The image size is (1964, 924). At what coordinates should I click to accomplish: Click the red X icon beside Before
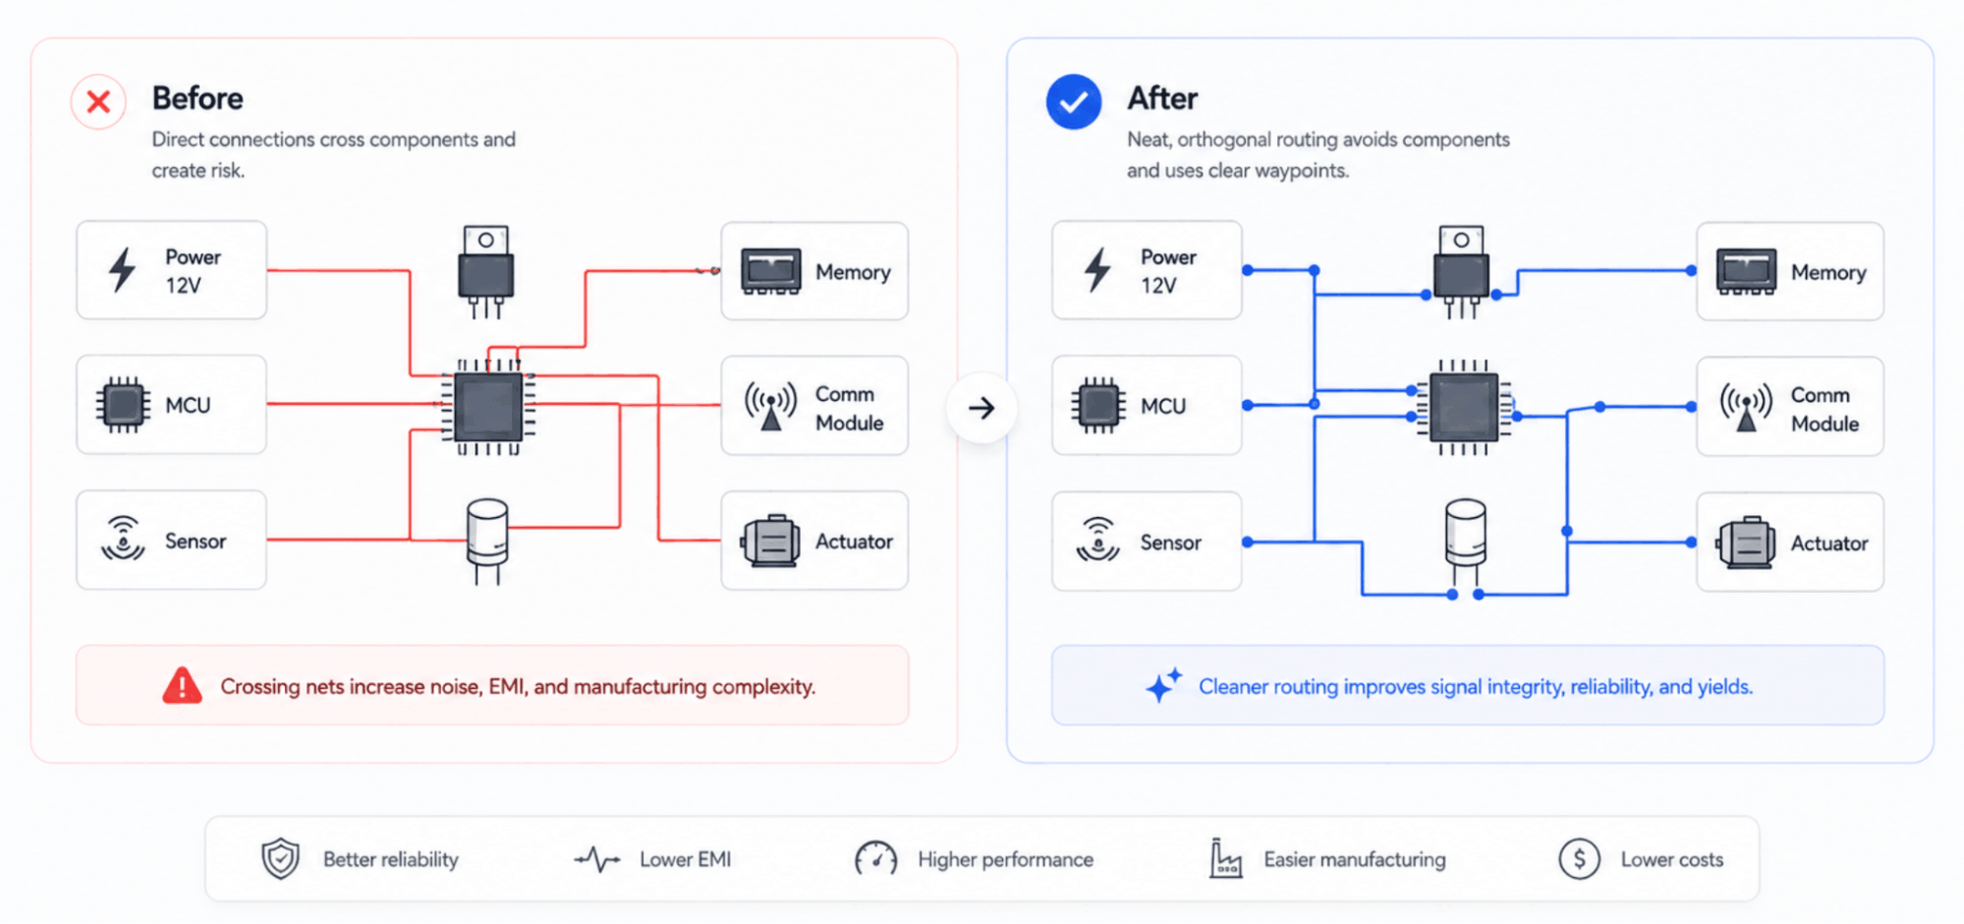98,101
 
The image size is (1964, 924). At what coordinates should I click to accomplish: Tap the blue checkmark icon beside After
1073,101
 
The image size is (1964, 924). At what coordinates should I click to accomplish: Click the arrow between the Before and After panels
982,408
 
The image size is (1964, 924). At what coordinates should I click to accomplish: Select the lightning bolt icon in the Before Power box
122,269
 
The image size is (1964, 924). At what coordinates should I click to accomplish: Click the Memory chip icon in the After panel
1746,272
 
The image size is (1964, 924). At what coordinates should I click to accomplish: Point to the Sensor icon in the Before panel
123,539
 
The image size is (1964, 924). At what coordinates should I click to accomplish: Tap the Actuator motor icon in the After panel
1746,542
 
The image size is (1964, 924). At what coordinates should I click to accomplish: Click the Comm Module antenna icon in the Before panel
770,406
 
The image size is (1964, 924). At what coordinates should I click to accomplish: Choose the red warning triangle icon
182,686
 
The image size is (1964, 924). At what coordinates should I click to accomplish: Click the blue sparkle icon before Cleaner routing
1163,684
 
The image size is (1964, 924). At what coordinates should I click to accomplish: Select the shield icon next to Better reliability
280,859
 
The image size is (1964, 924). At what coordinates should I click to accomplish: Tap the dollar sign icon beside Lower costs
1579,859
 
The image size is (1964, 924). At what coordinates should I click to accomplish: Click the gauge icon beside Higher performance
875,858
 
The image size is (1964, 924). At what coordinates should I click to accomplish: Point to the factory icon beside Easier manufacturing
1224,858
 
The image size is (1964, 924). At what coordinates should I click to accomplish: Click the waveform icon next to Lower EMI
596,860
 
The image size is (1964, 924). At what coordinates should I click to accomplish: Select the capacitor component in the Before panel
486,540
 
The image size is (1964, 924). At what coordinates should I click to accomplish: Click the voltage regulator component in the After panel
1461,271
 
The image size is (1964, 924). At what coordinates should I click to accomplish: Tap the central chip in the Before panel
488,408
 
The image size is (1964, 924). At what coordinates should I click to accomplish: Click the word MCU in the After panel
1163,406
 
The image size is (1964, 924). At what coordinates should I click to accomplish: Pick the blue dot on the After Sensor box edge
1248,542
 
